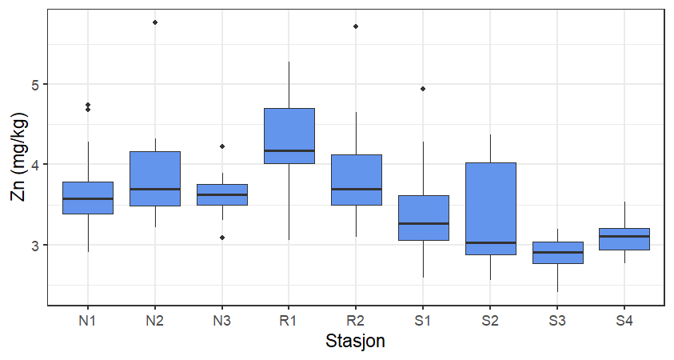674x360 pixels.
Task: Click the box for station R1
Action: coord(289,135)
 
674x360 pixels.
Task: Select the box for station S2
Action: coord(490,208)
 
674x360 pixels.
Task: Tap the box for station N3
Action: coord(222,194)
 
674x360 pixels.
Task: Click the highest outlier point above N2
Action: coord(155,22)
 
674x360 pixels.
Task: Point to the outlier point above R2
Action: coord(356,26)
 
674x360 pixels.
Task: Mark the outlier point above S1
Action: coord(423,89)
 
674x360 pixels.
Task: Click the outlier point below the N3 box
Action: coord(222,238)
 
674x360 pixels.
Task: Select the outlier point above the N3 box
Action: coord(222,146)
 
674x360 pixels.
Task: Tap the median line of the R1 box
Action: coord(289,150)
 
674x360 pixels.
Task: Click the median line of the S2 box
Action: coord(490,242)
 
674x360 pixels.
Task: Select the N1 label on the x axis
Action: coord(88,321)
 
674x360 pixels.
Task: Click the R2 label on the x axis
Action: coord(356,321)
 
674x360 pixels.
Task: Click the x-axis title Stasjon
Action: coord(356,342)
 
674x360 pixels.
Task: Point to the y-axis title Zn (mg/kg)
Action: coord(16,158)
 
